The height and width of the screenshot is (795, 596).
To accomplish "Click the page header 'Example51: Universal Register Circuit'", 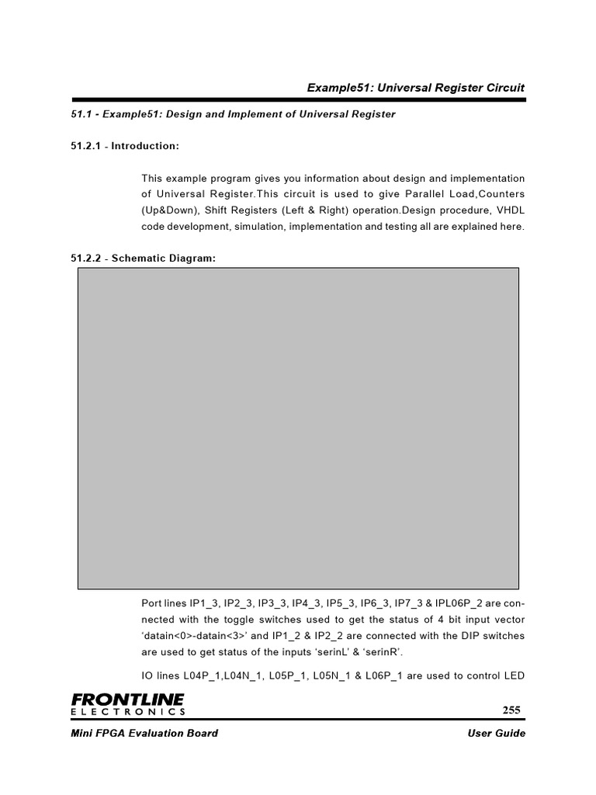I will coord(416,88).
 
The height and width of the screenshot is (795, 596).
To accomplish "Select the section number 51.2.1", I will coord(87,146).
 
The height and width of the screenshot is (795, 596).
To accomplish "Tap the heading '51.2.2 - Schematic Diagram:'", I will coord(143,258).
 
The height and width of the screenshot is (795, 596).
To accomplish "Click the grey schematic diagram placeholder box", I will coord(298,429).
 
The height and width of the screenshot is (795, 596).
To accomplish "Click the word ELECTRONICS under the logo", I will coord(127,712).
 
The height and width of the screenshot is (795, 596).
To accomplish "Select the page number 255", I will coord(511,710).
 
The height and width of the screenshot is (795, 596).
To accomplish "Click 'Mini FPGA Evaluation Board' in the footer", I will coord(144,734).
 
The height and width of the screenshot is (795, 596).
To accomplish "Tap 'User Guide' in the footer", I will coord(497,734).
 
